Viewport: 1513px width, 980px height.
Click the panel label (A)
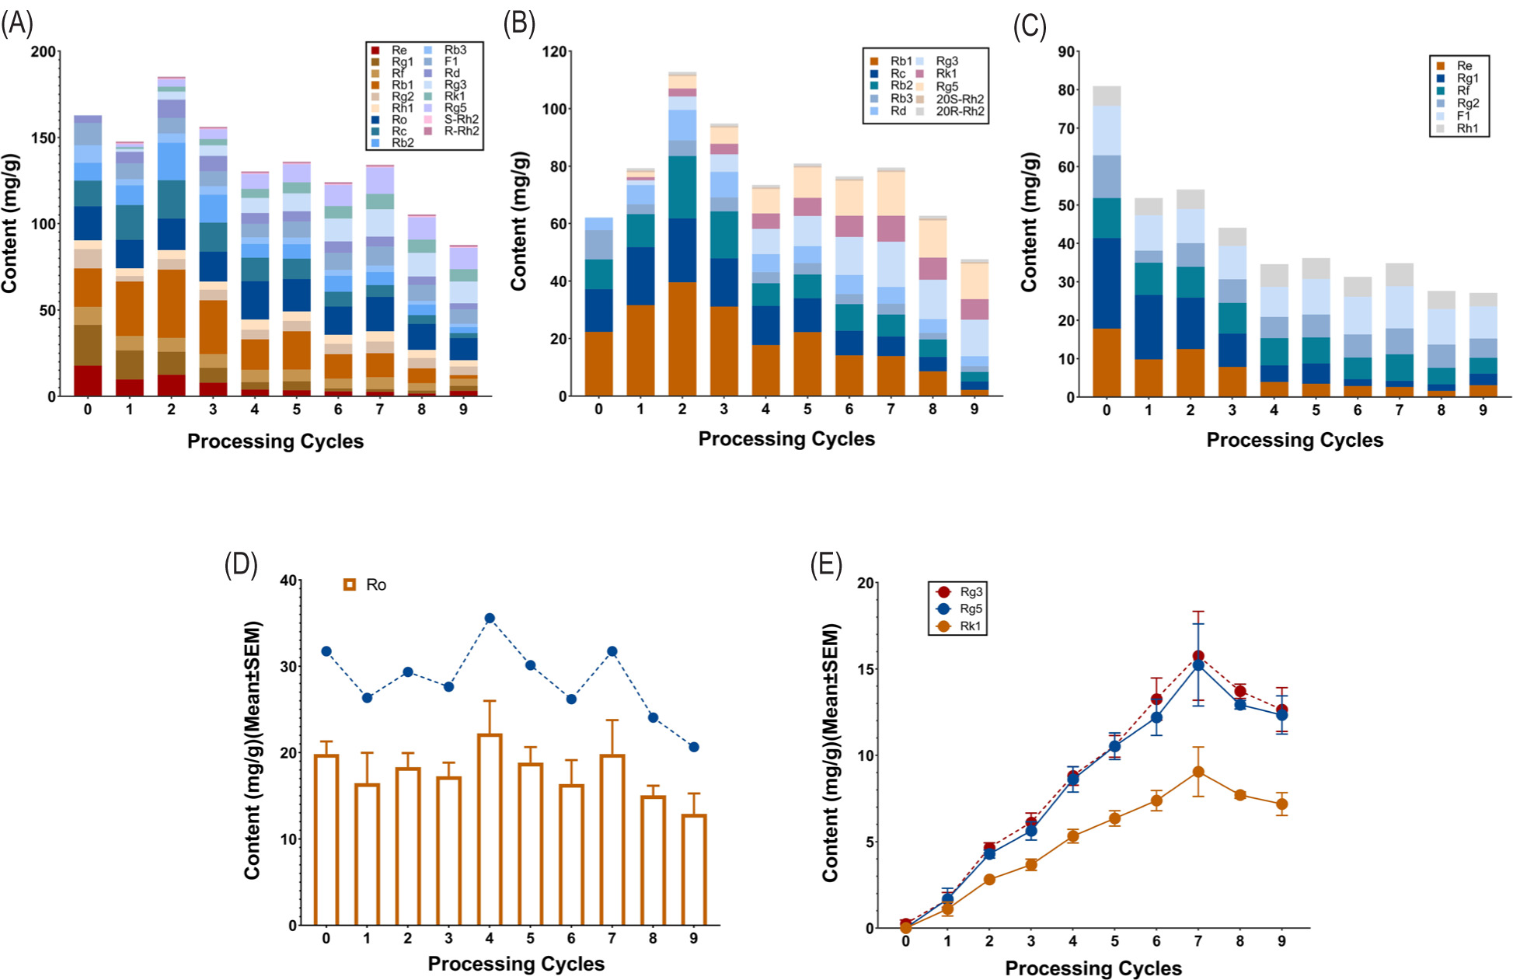tap(17, 25)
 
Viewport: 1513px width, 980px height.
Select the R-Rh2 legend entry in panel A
tap(462, 131)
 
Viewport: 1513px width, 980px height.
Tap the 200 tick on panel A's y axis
tap(44, 52)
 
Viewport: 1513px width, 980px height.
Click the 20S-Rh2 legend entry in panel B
tap(960, 99)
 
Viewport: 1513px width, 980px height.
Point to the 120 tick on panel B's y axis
tap(554, 52)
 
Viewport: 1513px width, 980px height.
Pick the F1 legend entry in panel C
tap(1464, 116)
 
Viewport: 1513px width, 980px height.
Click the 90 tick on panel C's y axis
tap(1066, 52)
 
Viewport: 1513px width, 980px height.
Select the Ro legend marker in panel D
tap(350, 584)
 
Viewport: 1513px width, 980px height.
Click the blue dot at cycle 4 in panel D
tap(490, 619)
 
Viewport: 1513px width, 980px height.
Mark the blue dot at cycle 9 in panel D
tap(694, 747)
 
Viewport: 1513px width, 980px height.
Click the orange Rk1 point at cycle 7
tap(1198, 772)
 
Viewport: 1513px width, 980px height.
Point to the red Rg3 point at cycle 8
tap(1240, 691)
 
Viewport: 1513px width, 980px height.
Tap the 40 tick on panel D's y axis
tap(288, 581)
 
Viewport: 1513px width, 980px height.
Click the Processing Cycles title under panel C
tap(1295, 440)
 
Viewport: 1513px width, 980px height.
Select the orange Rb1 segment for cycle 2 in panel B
tap(682, 339)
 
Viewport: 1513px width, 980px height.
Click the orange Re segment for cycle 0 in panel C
tap(1107, 363)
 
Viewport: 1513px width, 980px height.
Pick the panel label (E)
tap(826, 565)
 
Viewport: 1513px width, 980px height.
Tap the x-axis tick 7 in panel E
tap(1198, 941)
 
